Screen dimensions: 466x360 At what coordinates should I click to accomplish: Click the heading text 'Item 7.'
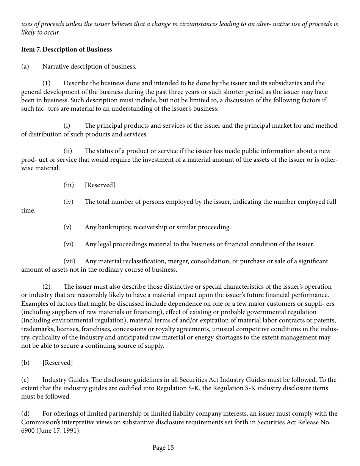31,50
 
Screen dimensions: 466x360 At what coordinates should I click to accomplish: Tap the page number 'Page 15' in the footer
163,448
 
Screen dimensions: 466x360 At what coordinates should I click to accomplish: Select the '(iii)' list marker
69,185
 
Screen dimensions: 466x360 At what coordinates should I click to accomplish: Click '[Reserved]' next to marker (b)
58,363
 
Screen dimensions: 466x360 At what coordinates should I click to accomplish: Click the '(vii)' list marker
69,261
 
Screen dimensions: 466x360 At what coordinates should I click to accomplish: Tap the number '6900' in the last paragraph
28,431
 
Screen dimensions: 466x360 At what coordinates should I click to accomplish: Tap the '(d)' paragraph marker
25,414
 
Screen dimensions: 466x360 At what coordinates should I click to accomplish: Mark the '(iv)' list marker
69,202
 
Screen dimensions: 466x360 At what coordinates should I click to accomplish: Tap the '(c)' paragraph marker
25,380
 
